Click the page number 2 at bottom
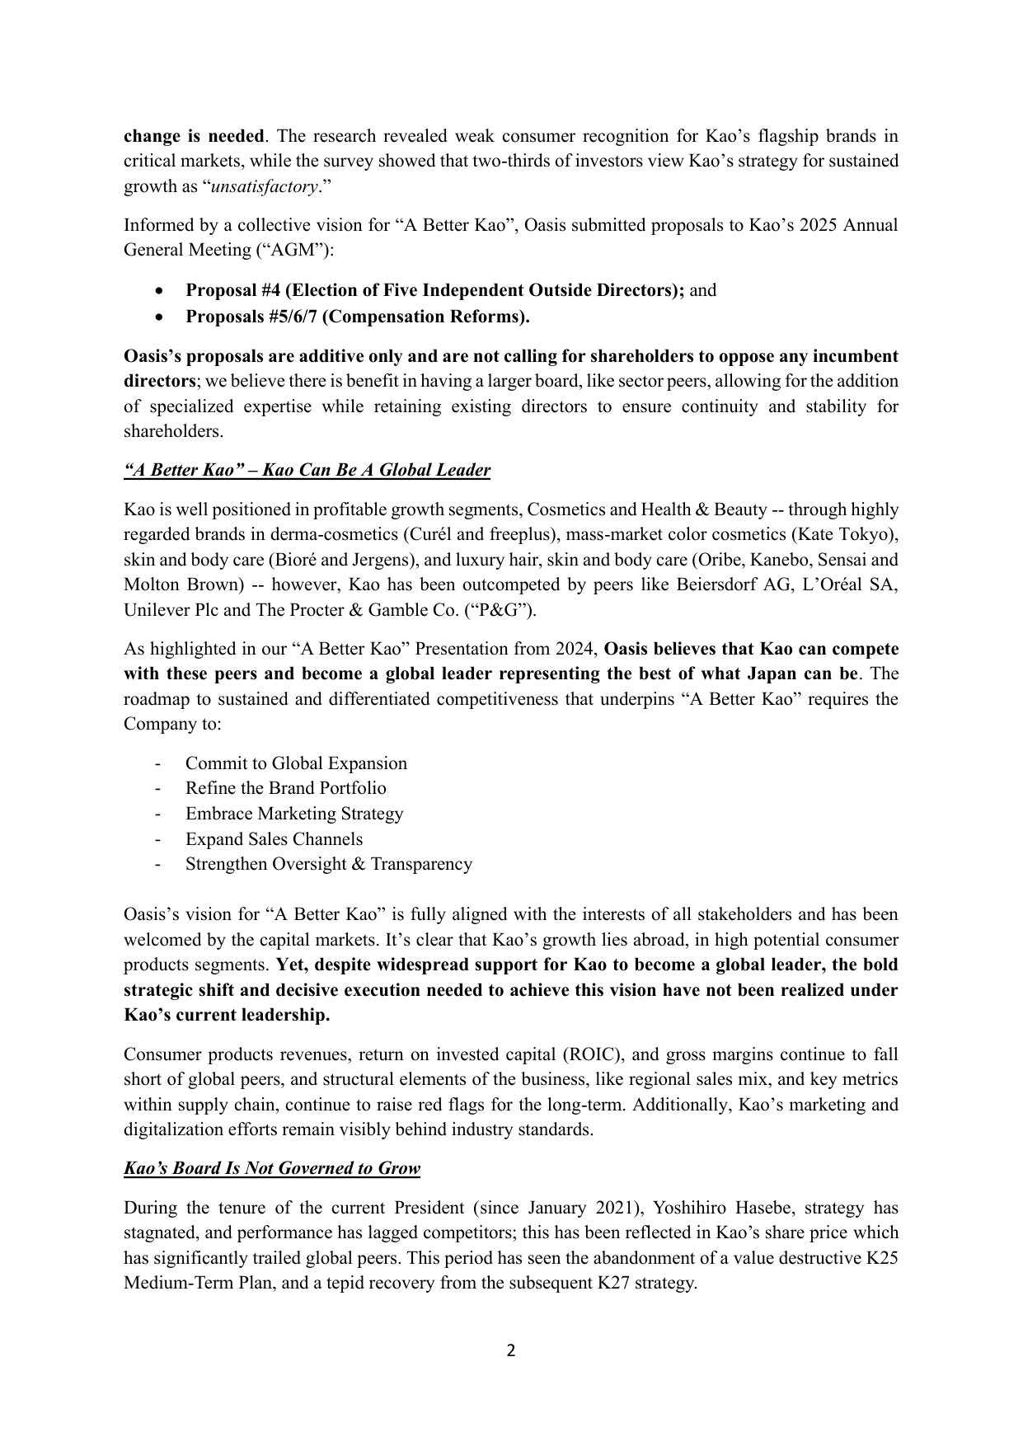point(510,1350)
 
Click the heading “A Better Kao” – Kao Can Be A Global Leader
point(307,470)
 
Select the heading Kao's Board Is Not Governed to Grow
point(272,1168)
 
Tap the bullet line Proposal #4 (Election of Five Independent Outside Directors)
point(434,290)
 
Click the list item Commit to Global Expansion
point(296,763)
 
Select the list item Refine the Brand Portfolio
point(285,788)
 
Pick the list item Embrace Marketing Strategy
point(294,814)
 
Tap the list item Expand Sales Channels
point(274,839)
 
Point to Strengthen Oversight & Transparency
point(328,864)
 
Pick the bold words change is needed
point(195,136)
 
